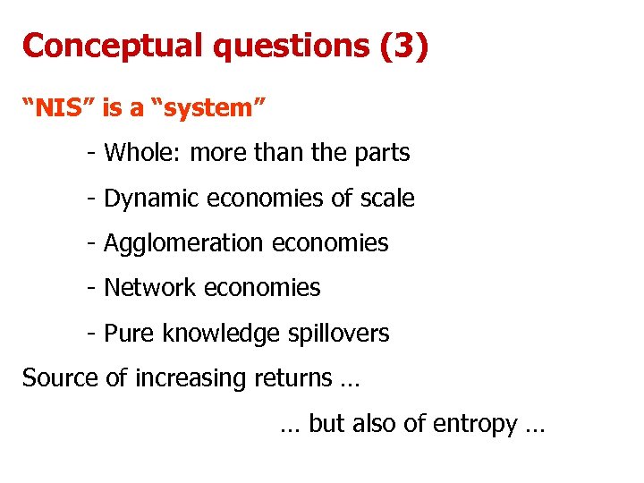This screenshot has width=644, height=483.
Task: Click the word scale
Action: click(x=386, y=198)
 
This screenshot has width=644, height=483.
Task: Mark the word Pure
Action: click(x=124, y=334)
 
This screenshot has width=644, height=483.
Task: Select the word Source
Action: click(x=60, y=378)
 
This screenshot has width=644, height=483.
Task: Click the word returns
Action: click(x=292, y=378)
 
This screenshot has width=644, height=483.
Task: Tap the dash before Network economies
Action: click(x=92, y=288)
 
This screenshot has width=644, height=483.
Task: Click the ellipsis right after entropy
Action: click(x=535, y=426)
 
